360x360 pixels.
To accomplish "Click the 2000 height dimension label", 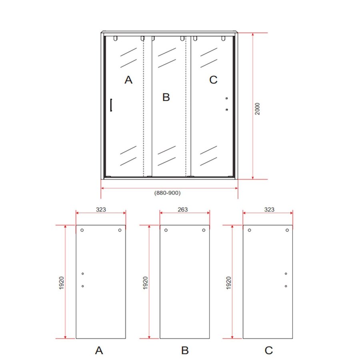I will pos(258,109).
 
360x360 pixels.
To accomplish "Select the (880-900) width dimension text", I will pos(168,193).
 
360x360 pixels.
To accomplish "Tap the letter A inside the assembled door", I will pos(128,80).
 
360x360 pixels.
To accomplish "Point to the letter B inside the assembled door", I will pos(166,97).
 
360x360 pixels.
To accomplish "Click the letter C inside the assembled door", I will pos(213,80).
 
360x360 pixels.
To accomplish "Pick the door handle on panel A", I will pos(111,105).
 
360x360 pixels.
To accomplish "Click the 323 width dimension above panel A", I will pos(101,209).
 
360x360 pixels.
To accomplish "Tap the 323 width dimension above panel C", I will pos(269,209).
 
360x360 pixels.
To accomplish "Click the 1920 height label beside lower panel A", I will pos(62,283).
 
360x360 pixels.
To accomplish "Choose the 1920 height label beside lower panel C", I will pos(229,283).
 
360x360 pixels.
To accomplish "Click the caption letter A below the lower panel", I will pos(99,351).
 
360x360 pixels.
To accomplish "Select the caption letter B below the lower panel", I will pos(184,351).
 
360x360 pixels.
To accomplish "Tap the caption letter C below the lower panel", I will pos(269,351).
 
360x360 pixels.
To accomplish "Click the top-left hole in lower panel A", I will pos(82,230).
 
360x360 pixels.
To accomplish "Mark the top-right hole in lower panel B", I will pos(204,230).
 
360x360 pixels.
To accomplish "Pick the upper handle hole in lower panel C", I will pos(286,274).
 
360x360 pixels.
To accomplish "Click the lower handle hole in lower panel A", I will pos(82,286).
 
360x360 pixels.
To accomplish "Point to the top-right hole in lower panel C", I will pos(287,230).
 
